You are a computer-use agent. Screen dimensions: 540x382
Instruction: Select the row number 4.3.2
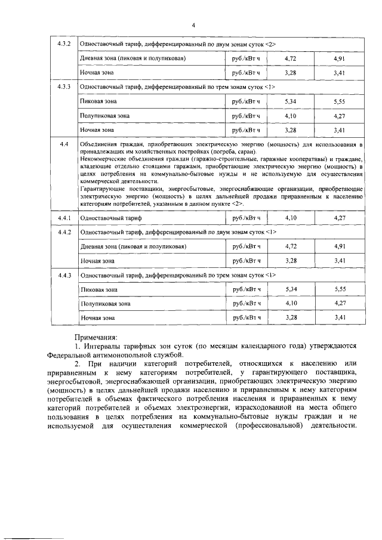[x=64, y=44]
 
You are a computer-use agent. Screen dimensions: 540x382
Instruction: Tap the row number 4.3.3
[x=64, y=87]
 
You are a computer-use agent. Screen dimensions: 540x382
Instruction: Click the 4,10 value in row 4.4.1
[x=291, y=218]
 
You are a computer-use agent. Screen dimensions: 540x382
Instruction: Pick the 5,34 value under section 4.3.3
[x=291, y=101]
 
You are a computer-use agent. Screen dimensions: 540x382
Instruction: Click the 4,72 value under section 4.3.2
[x=291, y=58]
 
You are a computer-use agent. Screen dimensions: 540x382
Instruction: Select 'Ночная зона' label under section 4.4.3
[x=97, y=317]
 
